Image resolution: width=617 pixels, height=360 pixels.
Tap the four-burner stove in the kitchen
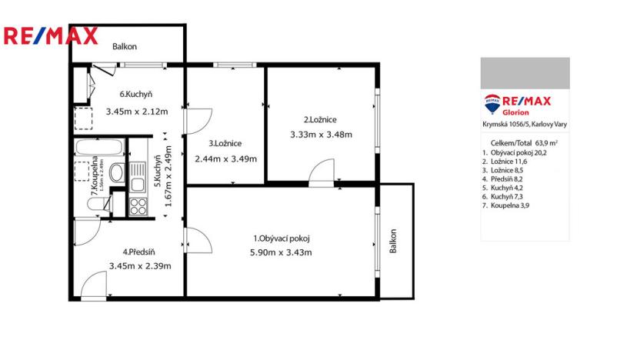[x=138, y=206]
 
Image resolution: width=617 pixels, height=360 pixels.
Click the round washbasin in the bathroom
[x=116, y=173]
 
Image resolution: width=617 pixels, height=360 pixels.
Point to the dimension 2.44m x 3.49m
[x=225, y=159]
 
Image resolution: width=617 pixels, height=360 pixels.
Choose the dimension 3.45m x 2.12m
[x=136, y=111]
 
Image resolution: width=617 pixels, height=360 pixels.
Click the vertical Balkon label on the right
[x=393, y=242]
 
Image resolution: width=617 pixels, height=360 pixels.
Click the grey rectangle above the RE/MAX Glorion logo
[x=525, y=72]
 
